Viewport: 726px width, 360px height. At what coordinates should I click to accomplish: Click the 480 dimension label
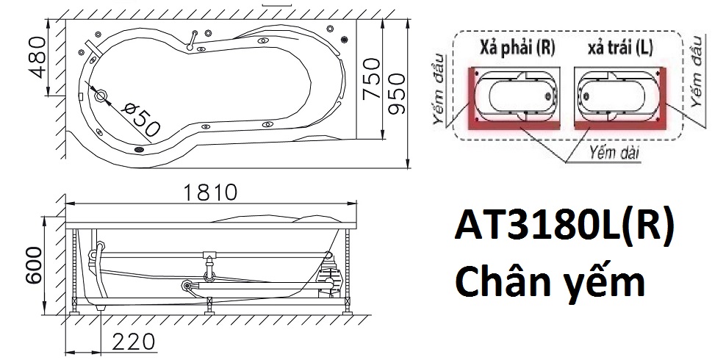[37, 57]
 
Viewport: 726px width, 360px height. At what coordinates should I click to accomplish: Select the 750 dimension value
[371, 78]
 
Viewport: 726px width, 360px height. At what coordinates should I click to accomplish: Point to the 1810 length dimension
[210, 192]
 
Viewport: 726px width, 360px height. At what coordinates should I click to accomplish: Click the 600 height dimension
[33, 265]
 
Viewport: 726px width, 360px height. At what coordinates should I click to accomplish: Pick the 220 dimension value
[133, 342]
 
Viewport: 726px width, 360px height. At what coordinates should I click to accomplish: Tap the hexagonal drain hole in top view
[101, 96]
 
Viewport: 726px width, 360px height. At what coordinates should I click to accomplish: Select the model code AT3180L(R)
[564, 226]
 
